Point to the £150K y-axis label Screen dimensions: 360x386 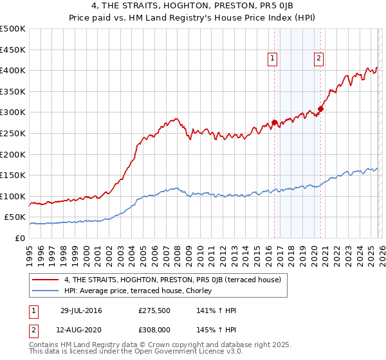pyautogui.click(x=14, y=175)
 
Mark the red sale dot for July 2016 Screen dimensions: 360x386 pyautogui.click(x=274, y=122)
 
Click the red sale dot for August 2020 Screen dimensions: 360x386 pyautogui.click(x=320, y=109)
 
